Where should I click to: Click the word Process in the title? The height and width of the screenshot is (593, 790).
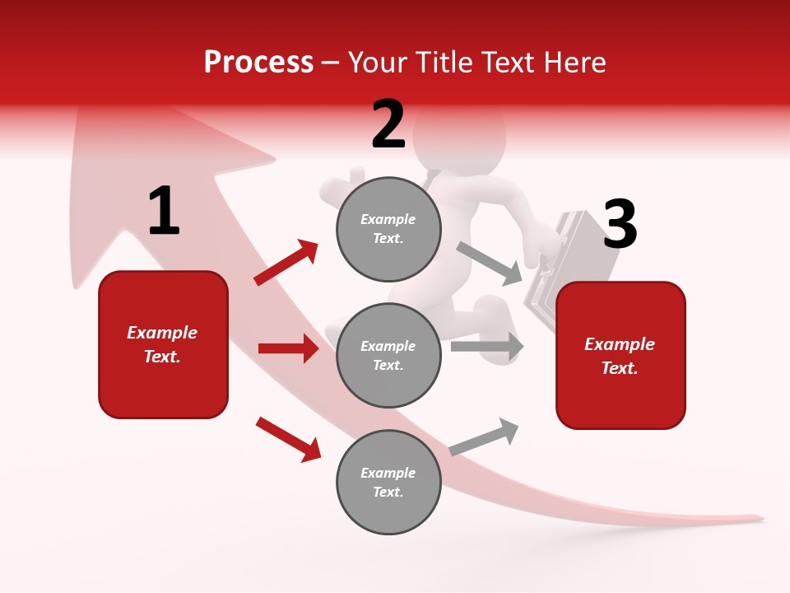click(258, 62)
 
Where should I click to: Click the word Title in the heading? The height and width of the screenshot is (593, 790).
click(444, 62)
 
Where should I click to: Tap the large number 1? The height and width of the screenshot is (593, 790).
click(164, 212)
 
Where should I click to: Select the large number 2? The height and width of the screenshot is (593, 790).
click(388, 124)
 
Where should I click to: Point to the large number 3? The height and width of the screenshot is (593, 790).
click(620, 224)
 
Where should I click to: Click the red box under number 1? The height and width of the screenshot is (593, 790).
click(163, 344)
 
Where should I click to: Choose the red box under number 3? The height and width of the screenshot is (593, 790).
click(620, 355)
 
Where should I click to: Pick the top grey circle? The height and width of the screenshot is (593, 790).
click(388, 229)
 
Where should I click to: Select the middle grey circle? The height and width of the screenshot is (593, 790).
click(388, 355)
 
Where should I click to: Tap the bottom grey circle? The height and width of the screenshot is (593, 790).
click(388, 482)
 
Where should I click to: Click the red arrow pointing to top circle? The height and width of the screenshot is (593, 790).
click(286, 263)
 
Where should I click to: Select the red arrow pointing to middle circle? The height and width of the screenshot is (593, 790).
click(288, 348)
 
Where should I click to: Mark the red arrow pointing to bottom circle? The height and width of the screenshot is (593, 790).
click(288, 438)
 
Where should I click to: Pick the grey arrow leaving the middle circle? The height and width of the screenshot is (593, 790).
click(486, 346)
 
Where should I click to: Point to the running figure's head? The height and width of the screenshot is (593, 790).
click(461, 136)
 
